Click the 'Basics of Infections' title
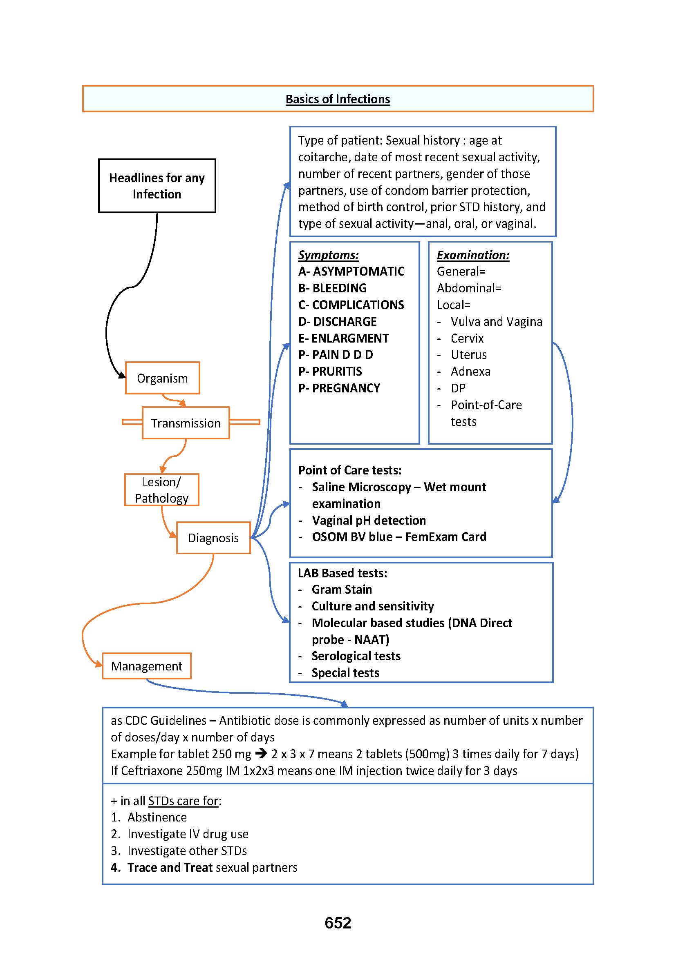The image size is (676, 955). tap(338, 99)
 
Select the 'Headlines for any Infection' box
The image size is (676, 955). tap(157, 186)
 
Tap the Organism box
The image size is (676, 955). tap(162, 378)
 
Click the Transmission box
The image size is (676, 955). tap(186, 423)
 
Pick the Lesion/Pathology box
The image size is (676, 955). tap(161, 490)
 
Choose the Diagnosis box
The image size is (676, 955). tap(213, 538)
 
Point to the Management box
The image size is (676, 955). tap(147, 666)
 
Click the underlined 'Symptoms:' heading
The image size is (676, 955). tap(329, 255)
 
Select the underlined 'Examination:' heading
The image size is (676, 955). tap(473, 255)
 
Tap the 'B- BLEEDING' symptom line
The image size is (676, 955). tap(333, 288)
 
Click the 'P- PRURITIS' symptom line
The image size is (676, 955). tap(330, 372)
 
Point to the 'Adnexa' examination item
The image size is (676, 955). tap(470, 372)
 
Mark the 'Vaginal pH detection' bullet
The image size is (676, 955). tap(369, 520)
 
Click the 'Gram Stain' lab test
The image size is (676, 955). tap(342, 590)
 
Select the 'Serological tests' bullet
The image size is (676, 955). tap(356, 656)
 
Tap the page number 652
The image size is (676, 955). tap(338, 923)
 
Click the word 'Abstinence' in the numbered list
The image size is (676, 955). tap(157, 817)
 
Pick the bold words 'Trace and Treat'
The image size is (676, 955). tap(170, 867)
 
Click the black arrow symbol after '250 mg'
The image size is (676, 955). tap(261, 754)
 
